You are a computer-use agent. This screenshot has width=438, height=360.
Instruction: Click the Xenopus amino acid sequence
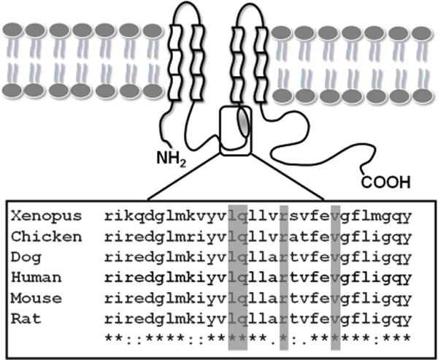click(258, 217)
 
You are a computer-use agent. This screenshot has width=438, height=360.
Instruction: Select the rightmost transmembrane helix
click(261, 59)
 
